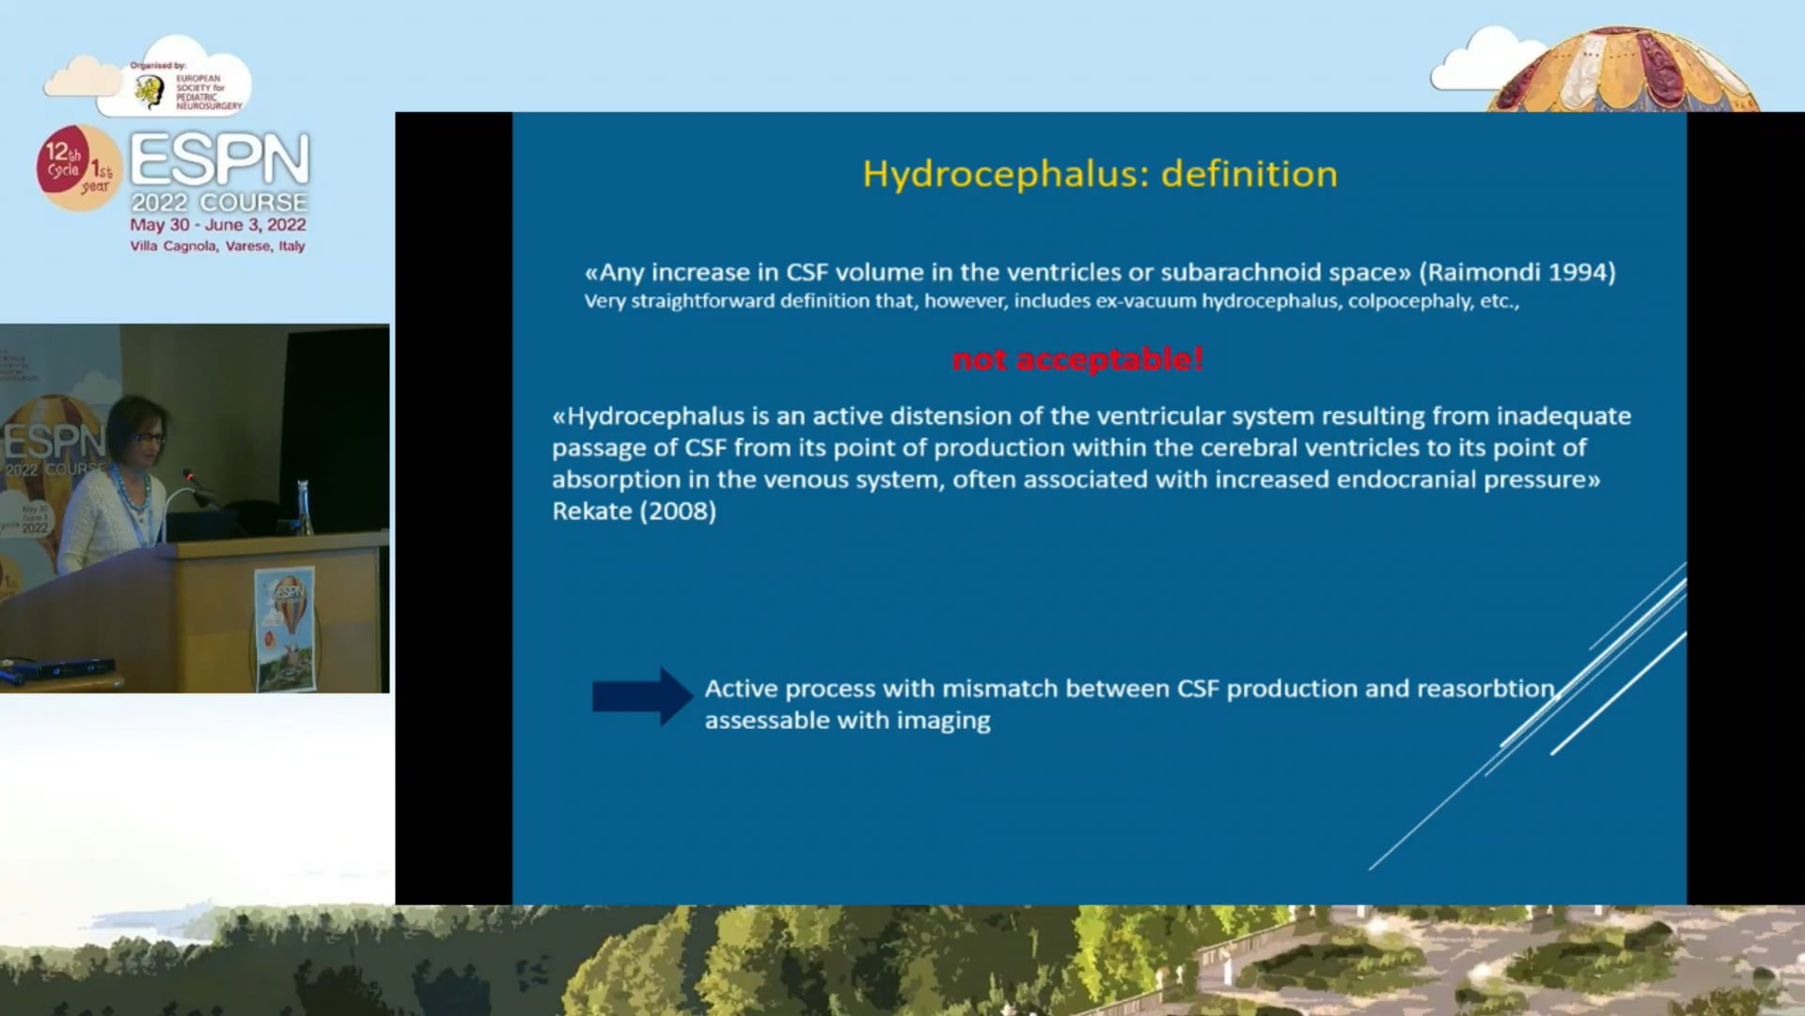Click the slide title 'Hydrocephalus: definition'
pos(1099,174)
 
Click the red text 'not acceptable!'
pos(1077,359)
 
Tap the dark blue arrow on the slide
pos(641,697)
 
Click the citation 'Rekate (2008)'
pos(634,511)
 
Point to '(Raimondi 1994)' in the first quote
pos(1516,273)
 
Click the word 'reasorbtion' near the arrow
pos(1485,689)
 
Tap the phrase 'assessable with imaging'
pos(847,721)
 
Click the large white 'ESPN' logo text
pos(219,159)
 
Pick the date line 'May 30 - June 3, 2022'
pos(217,225)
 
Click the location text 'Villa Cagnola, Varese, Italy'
pos(217,246)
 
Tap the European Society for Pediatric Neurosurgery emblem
pos(149,91)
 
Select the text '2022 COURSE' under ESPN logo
pos(219,202)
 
